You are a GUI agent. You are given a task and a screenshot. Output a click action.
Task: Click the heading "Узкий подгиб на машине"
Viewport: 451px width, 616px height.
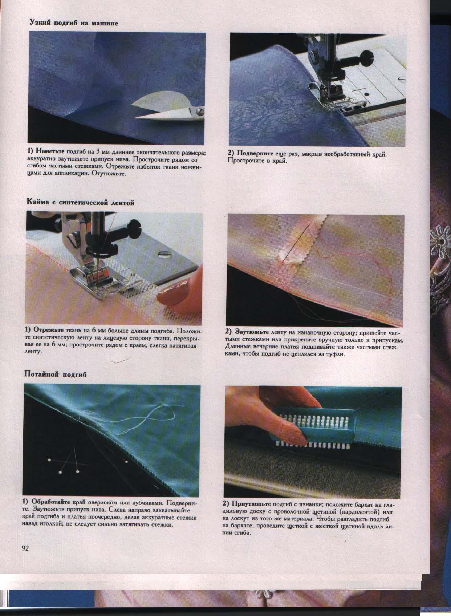coord(74,23)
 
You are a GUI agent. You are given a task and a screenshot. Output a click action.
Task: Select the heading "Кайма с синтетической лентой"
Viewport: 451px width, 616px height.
coord(81,203)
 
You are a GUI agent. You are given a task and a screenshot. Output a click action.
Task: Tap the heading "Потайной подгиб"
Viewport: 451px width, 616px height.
coord(56,374)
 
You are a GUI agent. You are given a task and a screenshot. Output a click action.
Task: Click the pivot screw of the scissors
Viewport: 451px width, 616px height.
coord(200,111)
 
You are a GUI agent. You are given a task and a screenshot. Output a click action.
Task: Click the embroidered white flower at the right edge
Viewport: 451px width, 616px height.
coord(440,242)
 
